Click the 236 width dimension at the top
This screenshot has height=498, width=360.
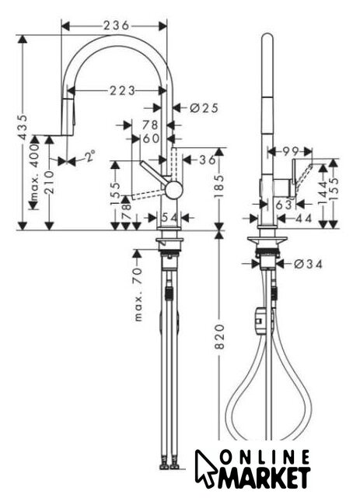tap(116, 26)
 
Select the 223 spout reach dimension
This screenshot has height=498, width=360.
tap(123, 91)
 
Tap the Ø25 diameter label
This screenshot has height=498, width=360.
tap(204, 108)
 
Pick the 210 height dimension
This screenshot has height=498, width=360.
tap(49, 182)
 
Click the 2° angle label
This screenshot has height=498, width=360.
tap(90, 156)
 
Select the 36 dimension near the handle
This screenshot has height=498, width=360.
tap(208, 160)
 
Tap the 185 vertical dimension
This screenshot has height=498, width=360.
tap(219, 185)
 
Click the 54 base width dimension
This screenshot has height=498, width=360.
tap(170, 218)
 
